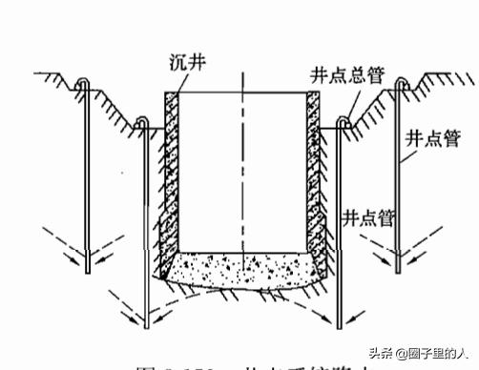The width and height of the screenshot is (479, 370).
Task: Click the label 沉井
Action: click(184, 64)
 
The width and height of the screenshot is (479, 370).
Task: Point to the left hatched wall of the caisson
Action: click(171, 172)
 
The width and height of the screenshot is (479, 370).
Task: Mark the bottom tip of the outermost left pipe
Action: click(88, 271)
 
